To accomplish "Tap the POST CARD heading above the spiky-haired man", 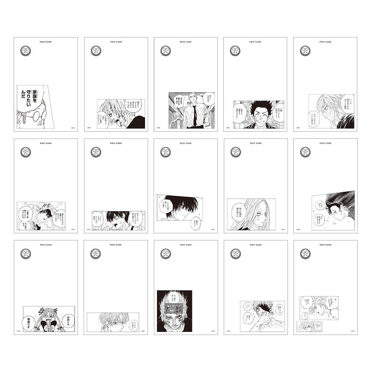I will pyautogui.click(x=255, y=42).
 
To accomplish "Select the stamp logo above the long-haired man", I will pyautogui.click(x=235, y=152).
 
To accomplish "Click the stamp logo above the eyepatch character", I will pyautogui.click(x=235, y=254).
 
